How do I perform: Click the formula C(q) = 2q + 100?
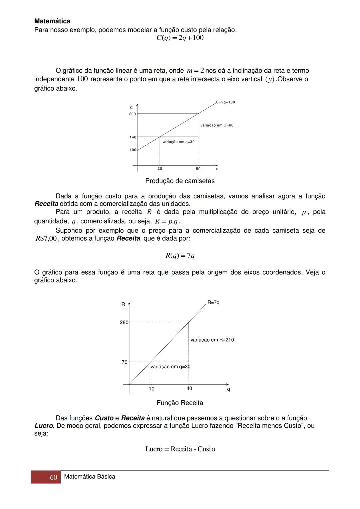(180, 38)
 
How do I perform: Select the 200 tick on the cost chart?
(132, 114)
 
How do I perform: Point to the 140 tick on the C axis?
(133, 137)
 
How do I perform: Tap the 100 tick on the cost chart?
(133, 150)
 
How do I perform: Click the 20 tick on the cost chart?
(160, 169)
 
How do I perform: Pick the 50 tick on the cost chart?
(198, 169)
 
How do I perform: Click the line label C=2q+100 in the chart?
(225, 102)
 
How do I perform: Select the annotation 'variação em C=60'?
(217, 125)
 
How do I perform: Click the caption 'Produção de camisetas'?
(180, 181)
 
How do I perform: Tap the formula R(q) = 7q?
(180, 256)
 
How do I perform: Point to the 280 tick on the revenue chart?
(124, 322)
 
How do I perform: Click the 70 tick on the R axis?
(124, 362)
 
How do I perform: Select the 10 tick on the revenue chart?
(152, 389)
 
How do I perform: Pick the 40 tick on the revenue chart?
(189, 388)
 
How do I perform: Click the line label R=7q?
(213, 302)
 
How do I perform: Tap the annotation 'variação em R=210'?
(212, 340)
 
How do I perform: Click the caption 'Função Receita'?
(180, 403)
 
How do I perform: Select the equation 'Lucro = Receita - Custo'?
(180, 449)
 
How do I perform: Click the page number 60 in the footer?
(53, 477)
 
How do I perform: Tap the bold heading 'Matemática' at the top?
(52, 21)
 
